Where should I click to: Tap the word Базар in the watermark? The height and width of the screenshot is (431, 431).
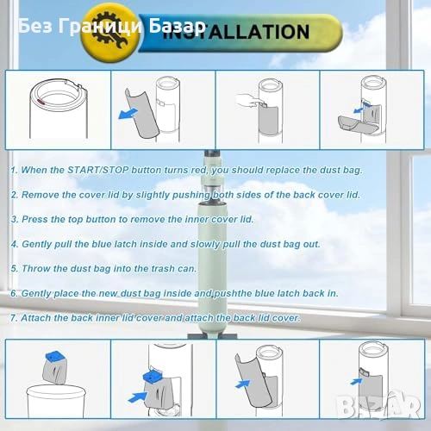(178, 26)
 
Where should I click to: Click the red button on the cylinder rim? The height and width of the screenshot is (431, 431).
(42, 101)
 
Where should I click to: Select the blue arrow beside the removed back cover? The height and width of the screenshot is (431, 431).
(128, 113)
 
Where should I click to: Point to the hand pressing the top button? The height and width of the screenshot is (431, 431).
(249, 101)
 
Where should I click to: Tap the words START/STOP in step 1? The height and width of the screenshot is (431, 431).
(97, 170)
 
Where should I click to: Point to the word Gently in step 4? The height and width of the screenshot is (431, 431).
(36, 244)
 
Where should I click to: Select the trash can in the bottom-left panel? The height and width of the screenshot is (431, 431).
(56, 401)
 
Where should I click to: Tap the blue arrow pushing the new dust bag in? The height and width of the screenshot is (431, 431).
(137, 397)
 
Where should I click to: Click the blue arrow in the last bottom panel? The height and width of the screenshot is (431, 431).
(356, 382)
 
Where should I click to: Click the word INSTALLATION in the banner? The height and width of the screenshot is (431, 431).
(236, 32)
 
